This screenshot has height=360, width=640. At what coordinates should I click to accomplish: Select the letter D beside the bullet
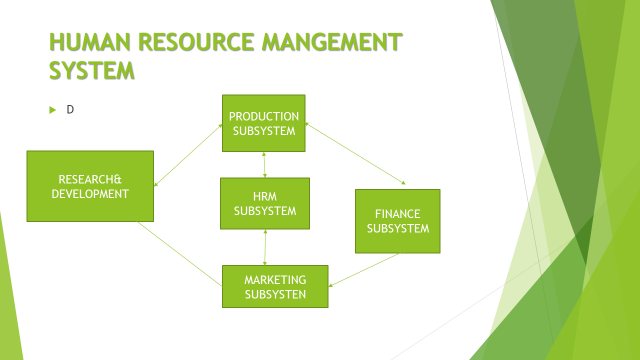pyautogui.click(x=70, y=108)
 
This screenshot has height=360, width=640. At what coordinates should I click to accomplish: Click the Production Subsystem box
pyautogui.click(x=263, y=123)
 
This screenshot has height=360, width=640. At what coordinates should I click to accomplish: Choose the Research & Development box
pyautogui.click(x=90, y=186)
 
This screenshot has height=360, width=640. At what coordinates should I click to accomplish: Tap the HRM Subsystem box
pyautogui.click(x=265, y=203)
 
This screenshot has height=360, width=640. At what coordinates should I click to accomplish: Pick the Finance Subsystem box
pyautogui.click(x=398, y=220)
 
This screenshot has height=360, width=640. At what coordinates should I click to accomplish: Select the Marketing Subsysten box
pyautogui.click(x=275, y=285)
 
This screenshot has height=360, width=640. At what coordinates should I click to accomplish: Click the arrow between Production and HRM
pyautogui.click(x=263, y=164)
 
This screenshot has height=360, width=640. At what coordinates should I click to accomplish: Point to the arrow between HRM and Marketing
pyautogui.click(x=265, y=246)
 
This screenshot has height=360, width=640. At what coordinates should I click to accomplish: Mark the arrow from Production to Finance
pyautogui.click(x=355, y=155)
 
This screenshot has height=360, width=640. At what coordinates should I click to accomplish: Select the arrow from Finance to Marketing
pyautogui.click(x=365, y=269)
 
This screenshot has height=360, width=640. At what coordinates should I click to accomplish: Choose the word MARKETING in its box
pyautogui.click(x=275, y=278)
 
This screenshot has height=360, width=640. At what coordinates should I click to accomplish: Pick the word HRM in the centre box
pyautogui.click(x=265, y=196)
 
